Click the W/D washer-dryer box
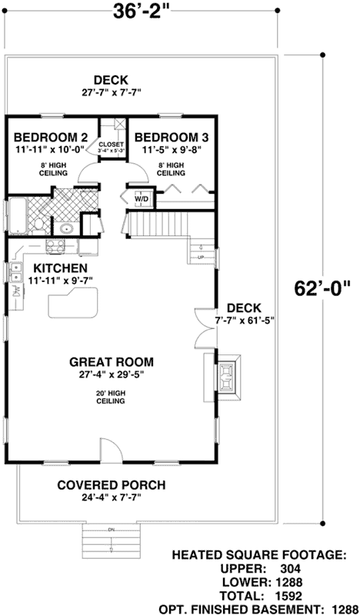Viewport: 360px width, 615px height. click(x=142, y=198)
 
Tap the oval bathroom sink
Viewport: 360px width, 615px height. click(x=66, y=228)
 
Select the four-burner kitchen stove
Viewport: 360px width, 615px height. click(x=55, y=246)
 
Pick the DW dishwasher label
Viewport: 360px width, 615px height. click(x=15, y=291)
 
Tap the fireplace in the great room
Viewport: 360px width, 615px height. click(x=227, y=375)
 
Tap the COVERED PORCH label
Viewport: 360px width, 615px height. click(x=112, y=485)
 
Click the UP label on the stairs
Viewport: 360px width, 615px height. click(x=201, y=257)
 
